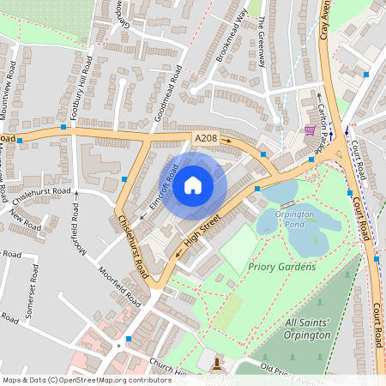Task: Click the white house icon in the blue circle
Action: point(193,184)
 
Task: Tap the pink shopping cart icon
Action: point(309,130)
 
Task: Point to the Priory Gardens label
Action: point(281,267)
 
